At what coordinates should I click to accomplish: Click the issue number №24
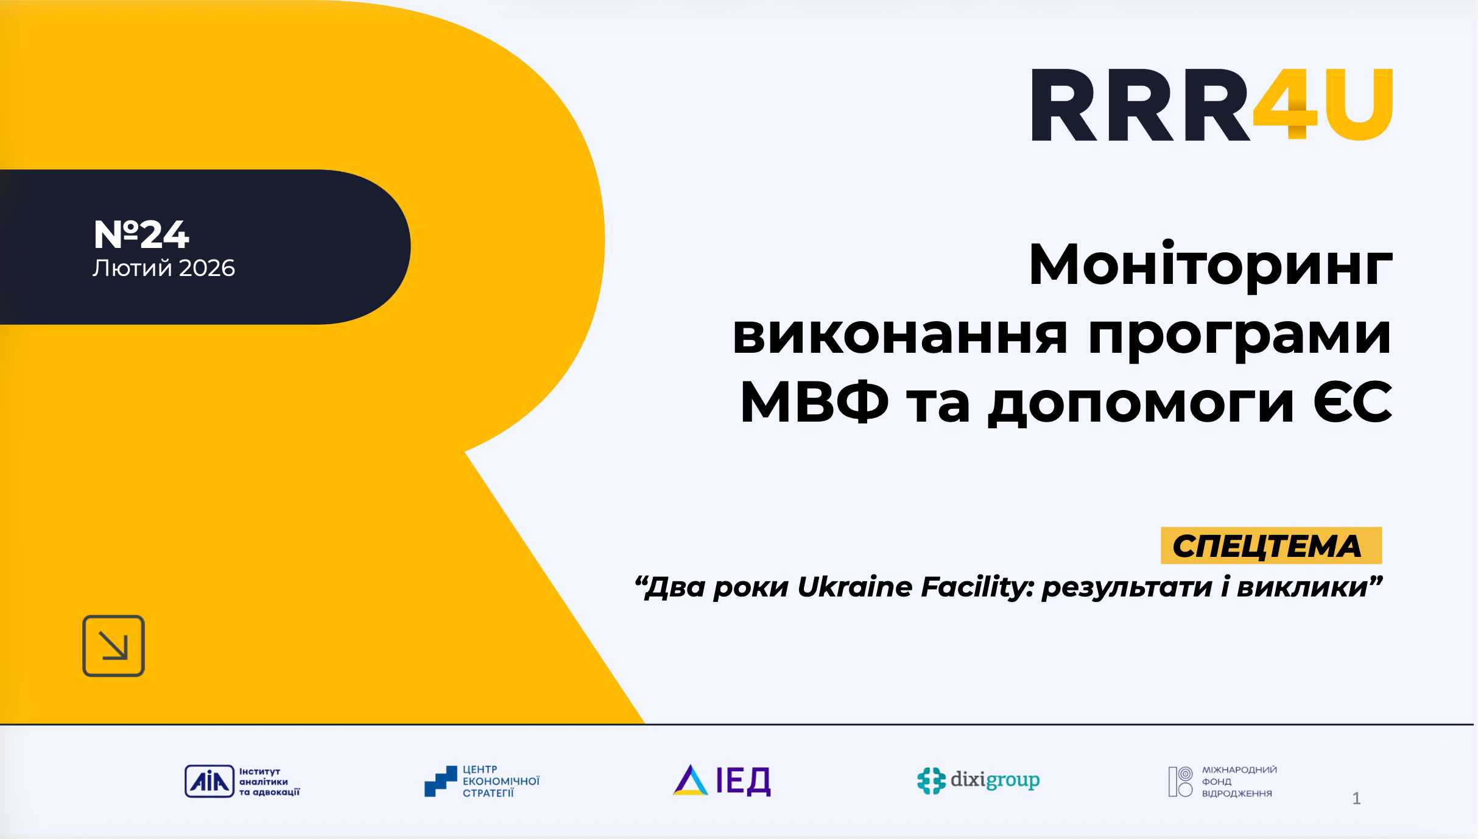[x=141, y=235]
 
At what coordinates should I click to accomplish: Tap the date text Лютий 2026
[x=164, y=268]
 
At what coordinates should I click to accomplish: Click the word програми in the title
[x=1240, y=339]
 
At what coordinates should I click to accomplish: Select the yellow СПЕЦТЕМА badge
[x=1271, y=545]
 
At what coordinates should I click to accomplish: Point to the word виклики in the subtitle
[x=1303, y=587]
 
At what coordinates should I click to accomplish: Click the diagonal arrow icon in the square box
[x=113, y=646]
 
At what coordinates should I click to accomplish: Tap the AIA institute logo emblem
[x=209, y=781]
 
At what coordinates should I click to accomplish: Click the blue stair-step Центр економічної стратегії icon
[x=440, y=781]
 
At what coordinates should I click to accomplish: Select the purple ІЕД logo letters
[x=743, y=781]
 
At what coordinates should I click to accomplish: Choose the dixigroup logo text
[x=995, y=780]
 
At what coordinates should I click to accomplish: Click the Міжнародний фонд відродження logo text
[x=1239, y=782]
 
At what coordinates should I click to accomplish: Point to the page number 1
[x=1356, y=798]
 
